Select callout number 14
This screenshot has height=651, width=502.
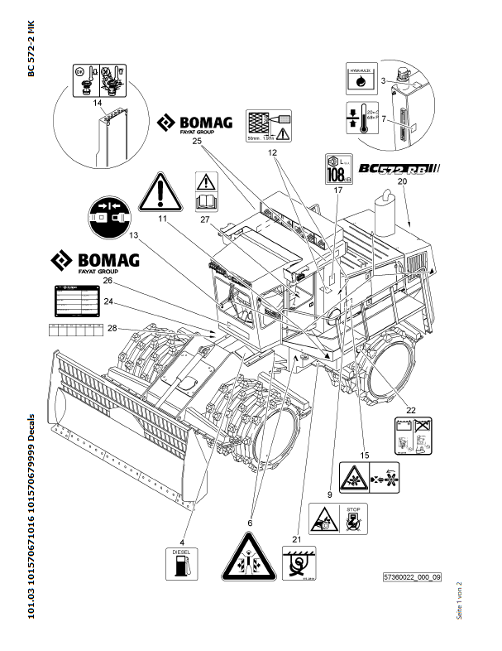[x=97, y=103]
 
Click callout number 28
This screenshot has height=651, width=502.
[x=111, y=329]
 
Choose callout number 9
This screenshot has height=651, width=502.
[x=329, y=494]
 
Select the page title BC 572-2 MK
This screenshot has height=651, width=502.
[x=31, y=51]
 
